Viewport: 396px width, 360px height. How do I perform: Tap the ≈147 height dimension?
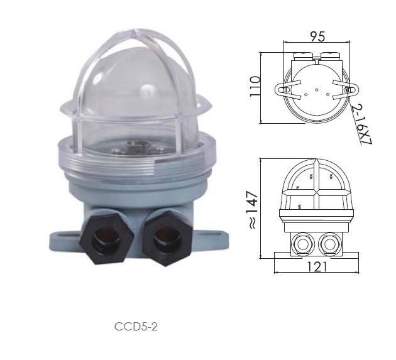253,210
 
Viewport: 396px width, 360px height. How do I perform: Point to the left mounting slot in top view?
284,90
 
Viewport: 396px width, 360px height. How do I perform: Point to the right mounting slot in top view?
349,90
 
